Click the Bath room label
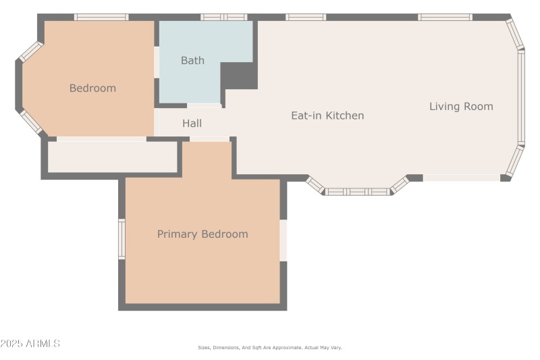192,61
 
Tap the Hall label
192,124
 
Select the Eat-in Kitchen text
327,115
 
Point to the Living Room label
461,106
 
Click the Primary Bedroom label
202,234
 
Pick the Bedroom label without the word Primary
92,88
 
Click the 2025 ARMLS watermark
30,344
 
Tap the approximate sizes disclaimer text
270,348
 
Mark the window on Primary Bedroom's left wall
122,239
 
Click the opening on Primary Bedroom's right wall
283,240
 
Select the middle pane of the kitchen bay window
358,192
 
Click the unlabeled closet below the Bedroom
112,157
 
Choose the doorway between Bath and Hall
204,105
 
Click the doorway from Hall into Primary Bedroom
209,139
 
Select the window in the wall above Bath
224,17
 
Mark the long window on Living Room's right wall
520,97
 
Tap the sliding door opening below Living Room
462,178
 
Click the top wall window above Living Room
445,17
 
